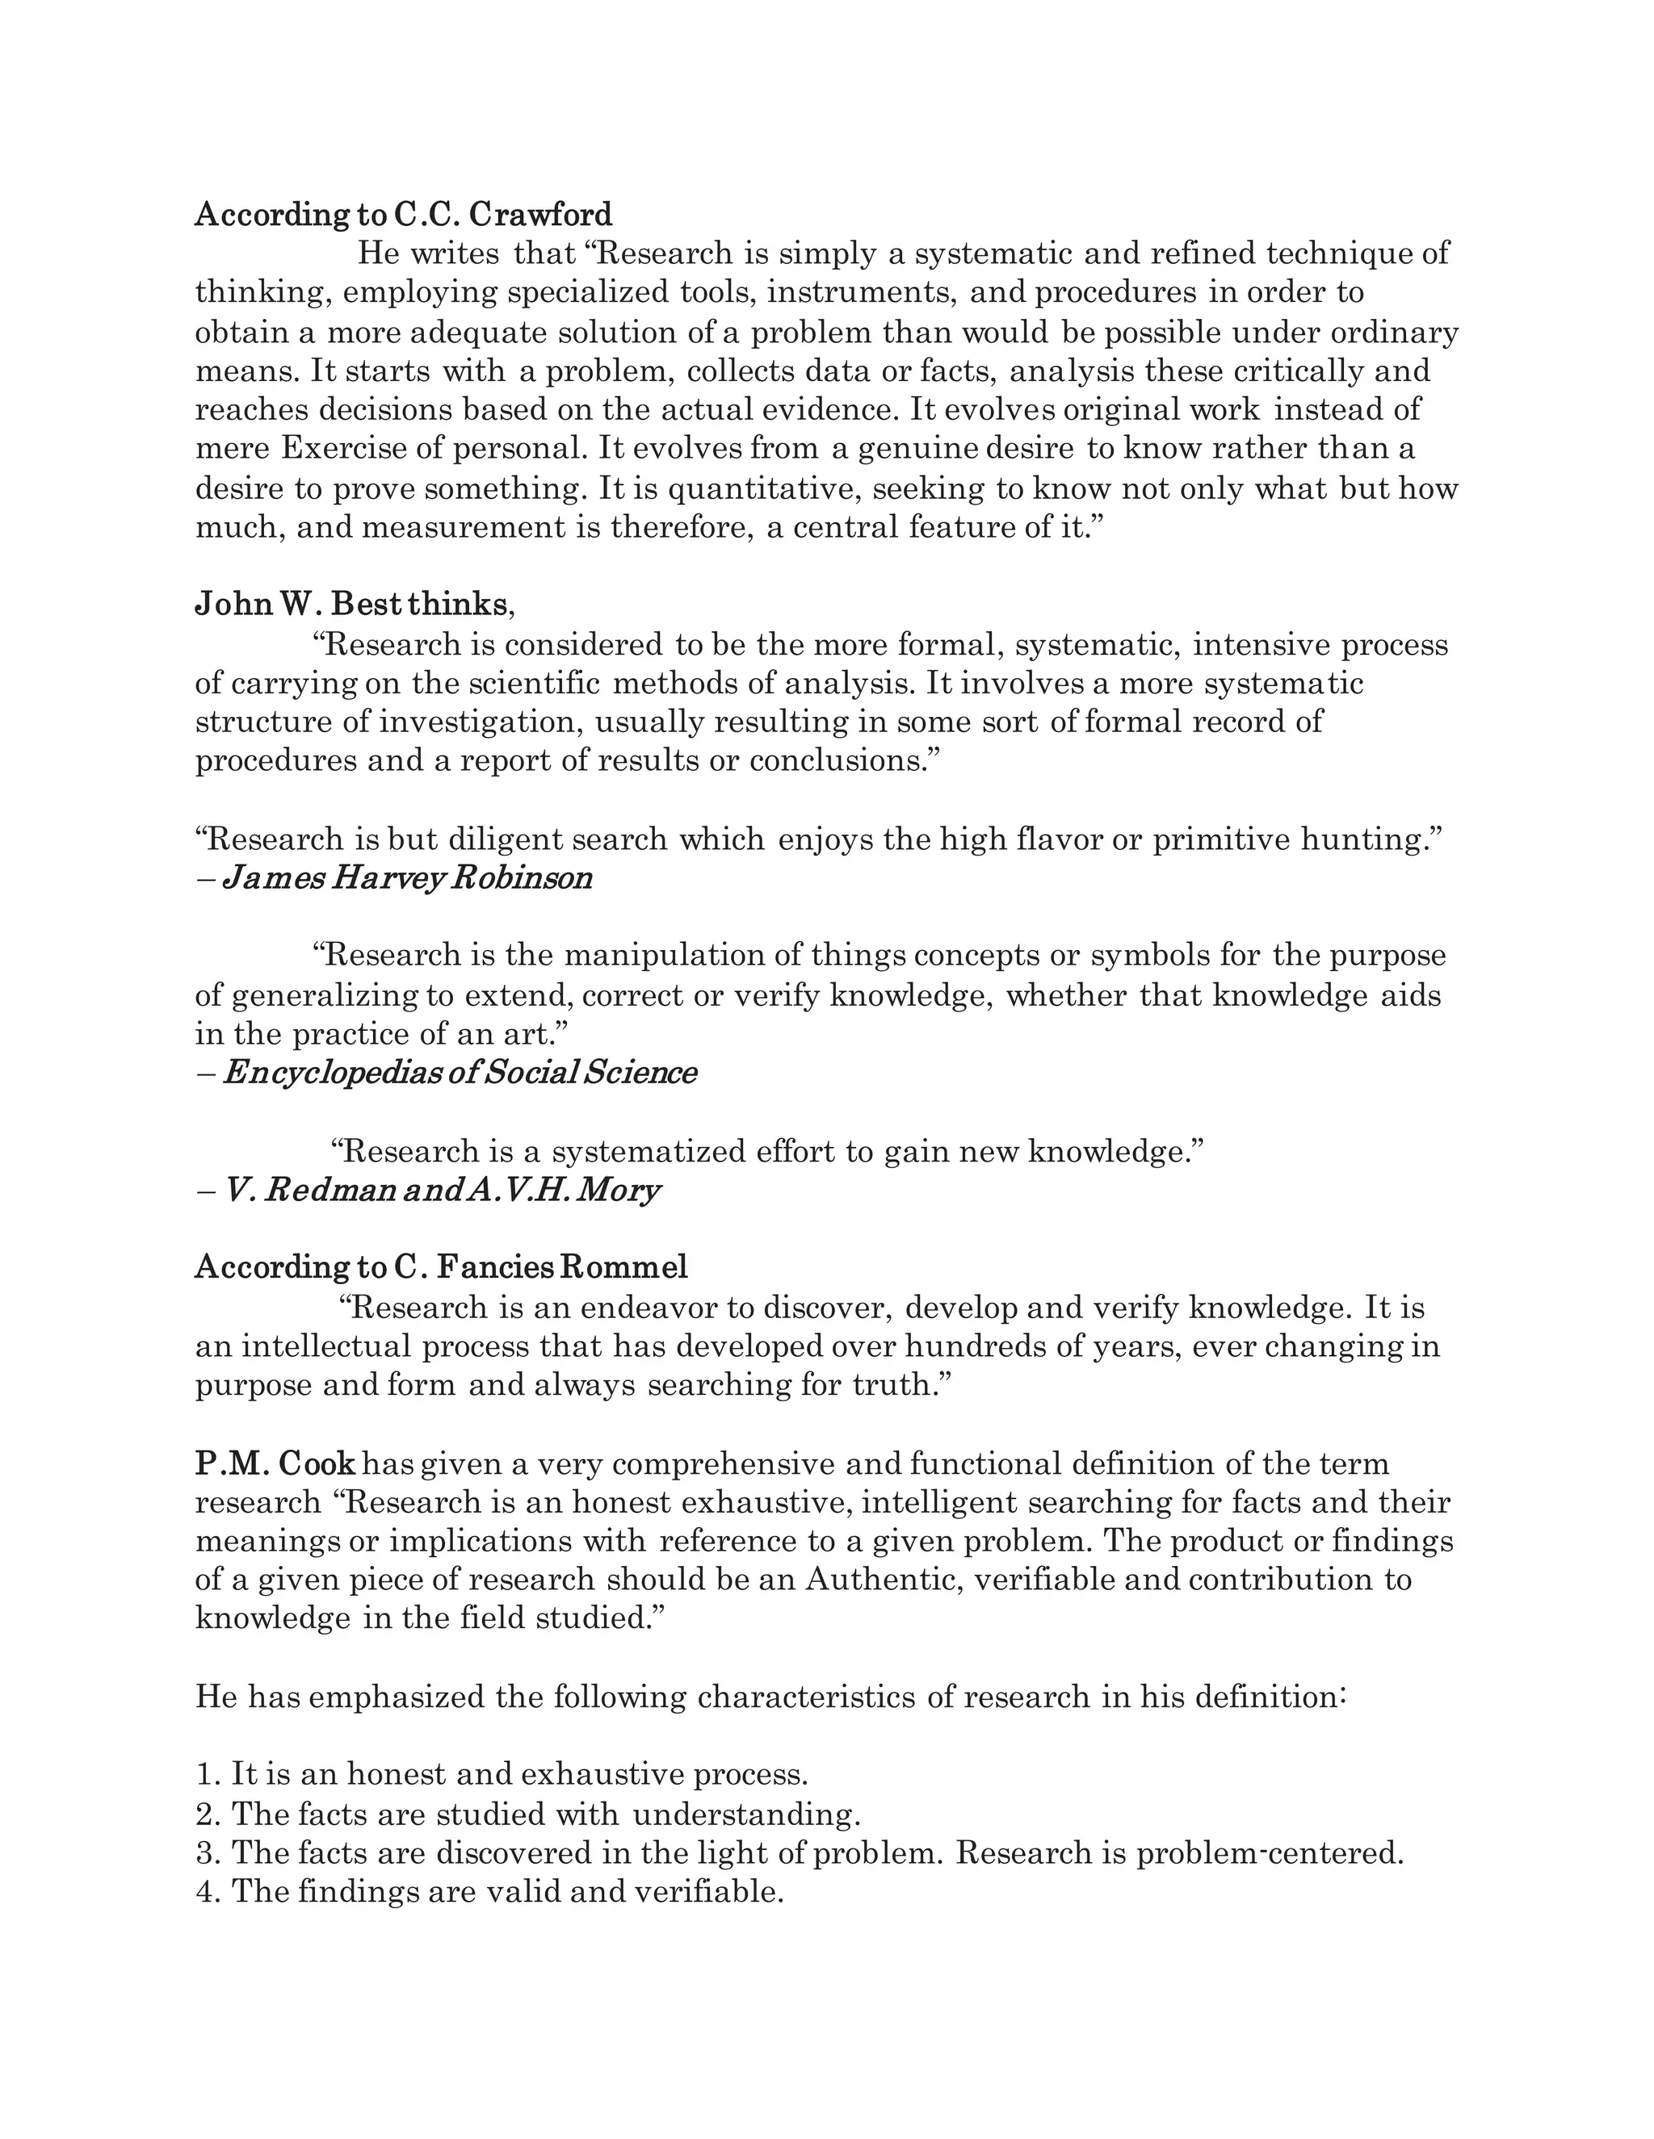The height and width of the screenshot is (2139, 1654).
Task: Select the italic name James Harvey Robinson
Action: tap(408, 877)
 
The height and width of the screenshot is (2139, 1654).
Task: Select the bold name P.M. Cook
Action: tap(275, 1463)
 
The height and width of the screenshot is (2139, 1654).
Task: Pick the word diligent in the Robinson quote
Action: tap(504, 839)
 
